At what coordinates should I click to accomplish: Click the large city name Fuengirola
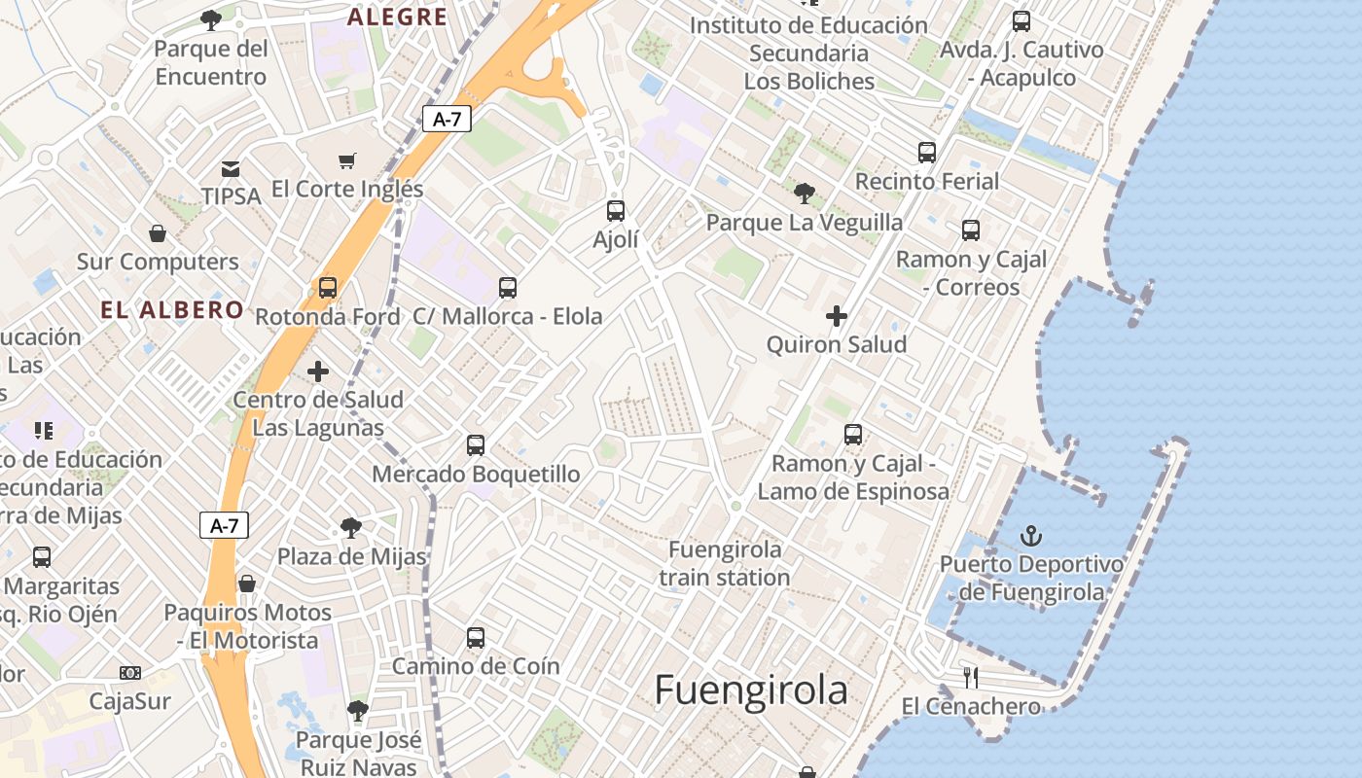[x=750, y=690]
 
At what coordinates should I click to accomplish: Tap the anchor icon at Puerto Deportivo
[x=1030, y=535]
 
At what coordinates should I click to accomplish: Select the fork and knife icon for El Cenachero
[x=970, y=677]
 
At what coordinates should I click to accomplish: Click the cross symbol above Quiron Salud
[x=837, y=315]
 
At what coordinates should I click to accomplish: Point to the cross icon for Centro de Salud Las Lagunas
[x=318, y=371]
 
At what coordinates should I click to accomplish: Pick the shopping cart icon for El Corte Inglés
[x=347, y=160]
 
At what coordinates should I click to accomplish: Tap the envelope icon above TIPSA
[x=231, y=169]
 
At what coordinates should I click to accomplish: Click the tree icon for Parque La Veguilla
[x=804, y=194]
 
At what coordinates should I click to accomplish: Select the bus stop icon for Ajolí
[x=615, y=210]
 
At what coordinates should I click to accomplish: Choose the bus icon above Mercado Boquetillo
[x=476, y=445]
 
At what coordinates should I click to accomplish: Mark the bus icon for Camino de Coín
[x=476, y=638]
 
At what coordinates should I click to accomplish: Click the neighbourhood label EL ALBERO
[x=172, y=310]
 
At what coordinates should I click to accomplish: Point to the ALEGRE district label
[x=397, y=17]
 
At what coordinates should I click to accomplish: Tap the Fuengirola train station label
[x=725, y=563]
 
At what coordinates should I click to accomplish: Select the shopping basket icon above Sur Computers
[x=158, y=233]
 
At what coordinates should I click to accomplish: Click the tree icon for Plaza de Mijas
[x=351, y=528]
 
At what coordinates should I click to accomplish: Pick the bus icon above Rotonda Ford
[x=328, y=288]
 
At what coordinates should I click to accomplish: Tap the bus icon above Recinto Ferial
[x=927, y=153]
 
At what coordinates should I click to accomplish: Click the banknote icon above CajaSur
[x=129, y=673]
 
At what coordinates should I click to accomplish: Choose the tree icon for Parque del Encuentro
[x=210, y=19]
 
